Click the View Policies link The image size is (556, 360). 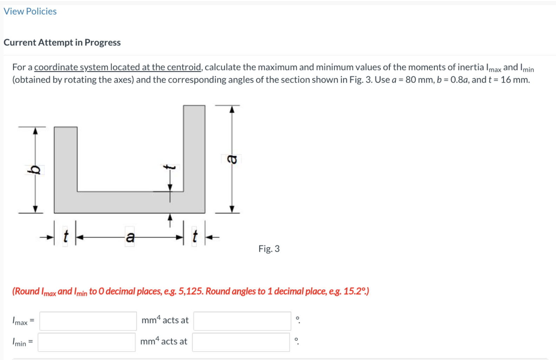tap(30, 11)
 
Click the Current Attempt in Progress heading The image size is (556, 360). tap(62, 43)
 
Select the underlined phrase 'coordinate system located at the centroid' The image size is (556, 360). tap(117, 67)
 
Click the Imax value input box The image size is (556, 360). tap(88, 321)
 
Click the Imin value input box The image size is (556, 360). tap(86, 342)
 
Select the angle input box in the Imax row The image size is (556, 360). tap(242, 321)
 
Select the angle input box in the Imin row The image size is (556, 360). tap(241, 342)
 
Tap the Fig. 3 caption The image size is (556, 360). tap(269, 249)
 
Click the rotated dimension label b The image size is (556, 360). tap(34, 170)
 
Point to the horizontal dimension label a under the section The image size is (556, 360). tap(130, 237)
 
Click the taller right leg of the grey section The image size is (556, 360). tap(194, 148)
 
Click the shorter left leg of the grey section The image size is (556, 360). tap(66, 158)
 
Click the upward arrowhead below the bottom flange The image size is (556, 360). tap(170, 216)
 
